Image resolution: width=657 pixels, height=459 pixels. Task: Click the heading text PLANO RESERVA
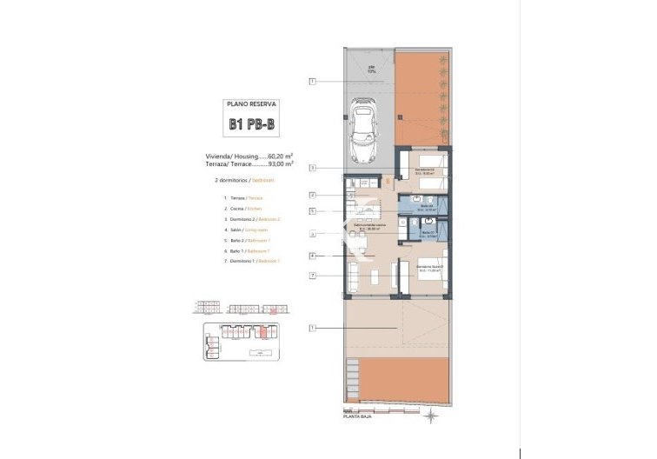pyautogui.click(x=250, y=103)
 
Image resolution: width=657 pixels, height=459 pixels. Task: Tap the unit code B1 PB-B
pyautogui.click(x=250, y=125)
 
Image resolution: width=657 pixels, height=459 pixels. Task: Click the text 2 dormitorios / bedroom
pyautogui.click(x=244, y=180)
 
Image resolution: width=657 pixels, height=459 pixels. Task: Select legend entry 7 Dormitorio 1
pyautogui.click(x=249, y=261)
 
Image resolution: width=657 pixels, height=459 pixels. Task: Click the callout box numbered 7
pyautogui.click(x=312, y=276)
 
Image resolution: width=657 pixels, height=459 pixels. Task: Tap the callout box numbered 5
pyautogui.click(x=312, y=211)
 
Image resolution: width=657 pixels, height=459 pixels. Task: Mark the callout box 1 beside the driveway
pyautogui.click(x=312, y=82)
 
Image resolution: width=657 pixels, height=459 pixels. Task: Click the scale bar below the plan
pyautogui.click(x=349, y=410)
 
